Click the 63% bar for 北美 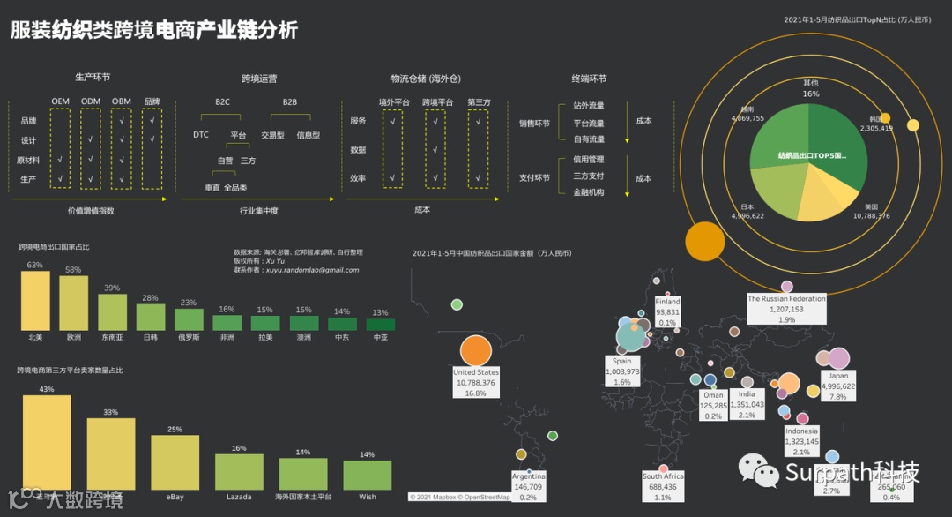tap(35, 301)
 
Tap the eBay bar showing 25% tap(175, 462)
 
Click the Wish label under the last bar tap(367, 497)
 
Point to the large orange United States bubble tap(475, 350)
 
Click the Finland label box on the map tap(667, 311)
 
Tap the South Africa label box tap(663, 486)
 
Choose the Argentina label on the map tap(529, 486)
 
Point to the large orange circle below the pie tap(704, 241)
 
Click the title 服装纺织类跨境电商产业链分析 tap(154, 30)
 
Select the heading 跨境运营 tap(259, 79)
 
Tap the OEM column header tap(60, 101)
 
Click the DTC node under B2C tap(201, 135)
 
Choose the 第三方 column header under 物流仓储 tap(479, 102)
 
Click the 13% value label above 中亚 tap(380, 312)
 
